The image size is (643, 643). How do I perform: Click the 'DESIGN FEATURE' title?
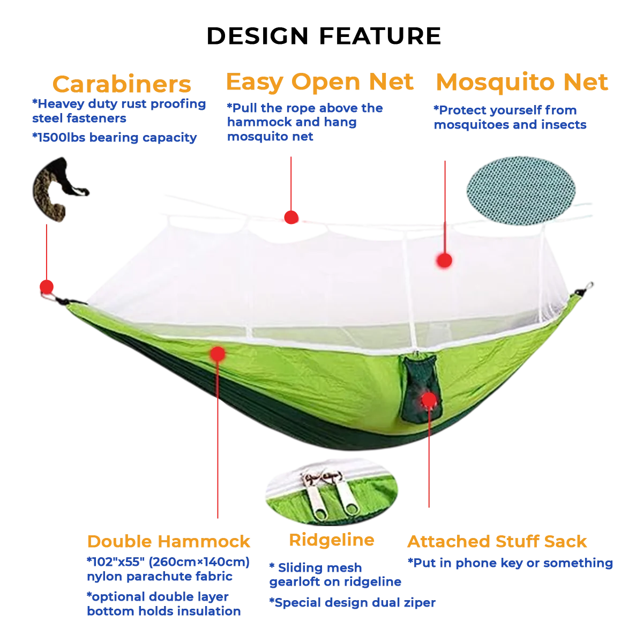(324, 36)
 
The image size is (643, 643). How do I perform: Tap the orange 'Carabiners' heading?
(122, 84)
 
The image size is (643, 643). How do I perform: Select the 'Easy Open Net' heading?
(320, 82)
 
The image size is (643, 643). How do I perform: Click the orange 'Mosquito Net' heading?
(522, 82)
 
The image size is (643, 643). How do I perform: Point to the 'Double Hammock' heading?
(168, 541)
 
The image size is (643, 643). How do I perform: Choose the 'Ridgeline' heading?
(332, 541)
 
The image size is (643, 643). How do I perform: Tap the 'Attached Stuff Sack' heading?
(497, 541)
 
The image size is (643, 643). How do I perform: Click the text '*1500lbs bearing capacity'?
(115, 138)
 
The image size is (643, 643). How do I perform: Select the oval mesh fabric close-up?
(521, 190)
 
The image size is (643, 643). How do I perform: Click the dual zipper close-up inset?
(331, 492)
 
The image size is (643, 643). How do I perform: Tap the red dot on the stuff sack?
(429, 399)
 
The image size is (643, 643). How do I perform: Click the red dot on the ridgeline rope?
(291, 217)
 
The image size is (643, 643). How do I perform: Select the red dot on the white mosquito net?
(444, 260)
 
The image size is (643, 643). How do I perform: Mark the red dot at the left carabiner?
(47, 287)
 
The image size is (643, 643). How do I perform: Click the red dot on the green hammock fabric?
(218, 354)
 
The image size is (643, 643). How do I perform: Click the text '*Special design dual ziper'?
(353, 603)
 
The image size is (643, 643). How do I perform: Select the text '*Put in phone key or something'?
(510, 563)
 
